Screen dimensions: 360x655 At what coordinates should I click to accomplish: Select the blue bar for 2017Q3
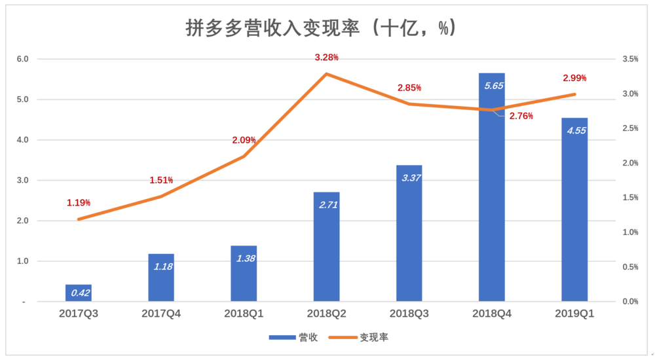point(78,293)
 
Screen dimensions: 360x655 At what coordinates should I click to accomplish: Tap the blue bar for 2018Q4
point(492,196)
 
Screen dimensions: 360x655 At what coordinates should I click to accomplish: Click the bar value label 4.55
point(574,130)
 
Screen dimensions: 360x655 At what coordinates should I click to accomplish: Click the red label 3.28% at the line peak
point(326,58)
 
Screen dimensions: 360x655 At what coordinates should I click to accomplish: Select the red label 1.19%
point(79,203)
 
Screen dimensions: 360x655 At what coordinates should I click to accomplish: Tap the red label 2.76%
point(521,117)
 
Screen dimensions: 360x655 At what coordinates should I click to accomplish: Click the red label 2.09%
point(244,140)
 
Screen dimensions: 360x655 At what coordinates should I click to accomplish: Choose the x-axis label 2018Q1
point(244,314)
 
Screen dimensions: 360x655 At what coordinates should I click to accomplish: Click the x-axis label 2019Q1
point(574,314)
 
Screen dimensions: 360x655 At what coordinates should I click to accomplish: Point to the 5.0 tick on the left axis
point(23,99)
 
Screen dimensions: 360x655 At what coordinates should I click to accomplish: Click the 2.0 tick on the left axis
point(23,221)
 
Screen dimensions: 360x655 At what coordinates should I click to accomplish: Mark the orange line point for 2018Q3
point(409,104)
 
